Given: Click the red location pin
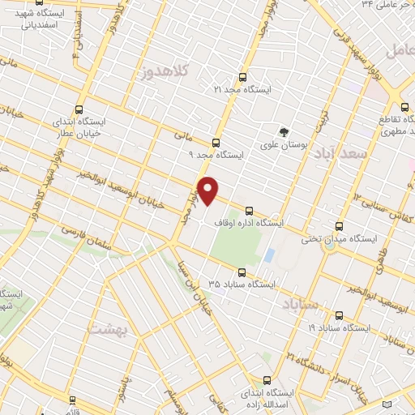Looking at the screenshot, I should [208, 190].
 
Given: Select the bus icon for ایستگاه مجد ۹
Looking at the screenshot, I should [215, 141].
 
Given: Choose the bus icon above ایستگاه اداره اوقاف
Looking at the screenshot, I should [248, 209].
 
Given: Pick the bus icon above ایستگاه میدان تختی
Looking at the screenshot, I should [337, 227].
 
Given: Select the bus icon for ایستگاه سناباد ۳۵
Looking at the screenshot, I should [241, 272].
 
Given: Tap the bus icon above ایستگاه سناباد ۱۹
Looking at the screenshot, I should [338, 316].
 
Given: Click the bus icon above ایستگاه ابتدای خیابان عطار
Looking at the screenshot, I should [78, 109].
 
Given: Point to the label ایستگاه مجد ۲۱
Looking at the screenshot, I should [242, 90].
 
